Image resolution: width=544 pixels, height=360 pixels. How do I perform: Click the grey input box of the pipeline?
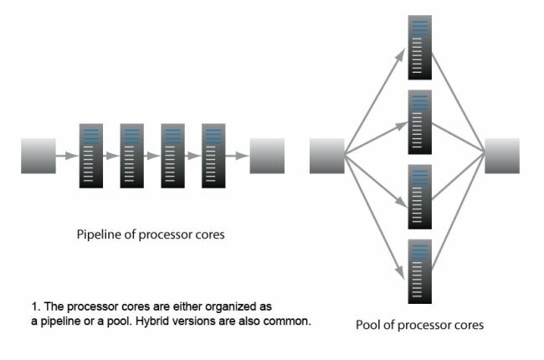click(38, 156)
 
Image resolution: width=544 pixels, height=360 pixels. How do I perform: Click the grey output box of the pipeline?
click(267, 156)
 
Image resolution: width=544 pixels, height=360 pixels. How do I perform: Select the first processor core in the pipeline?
click(91, 156)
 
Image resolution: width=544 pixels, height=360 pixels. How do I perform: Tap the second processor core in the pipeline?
click(132, 156)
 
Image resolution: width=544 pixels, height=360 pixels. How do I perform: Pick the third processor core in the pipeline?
click(173, 156)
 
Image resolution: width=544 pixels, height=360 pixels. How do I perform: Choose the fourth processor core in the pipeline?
click(214, 156)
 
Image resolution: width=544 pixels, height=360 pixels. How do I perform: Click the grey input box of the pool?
click(327, 156)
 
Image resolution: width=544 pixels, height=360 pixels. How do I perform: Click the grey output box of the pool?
click(502, 156)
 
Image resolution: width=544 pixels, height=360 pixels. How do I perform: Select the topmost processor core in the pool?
click(419, 47)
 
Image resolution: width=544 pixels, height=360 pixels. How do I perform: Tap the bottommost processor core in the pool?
click(419, 271)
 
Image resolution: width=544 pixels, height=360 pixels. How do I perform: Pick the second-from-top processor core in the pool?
click(419, 121)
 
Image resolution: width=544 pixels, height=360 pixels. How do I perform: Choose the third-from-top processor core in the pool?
click(419, 197)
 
